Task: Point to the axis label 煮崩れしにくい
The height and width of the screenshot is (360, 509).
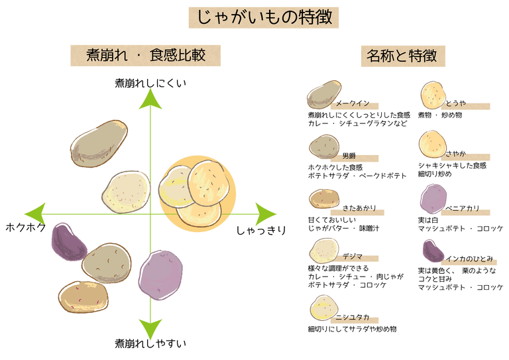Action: coord(150,83)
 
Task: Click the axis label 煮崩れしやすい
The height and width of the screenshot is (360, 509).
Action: coord(150,343)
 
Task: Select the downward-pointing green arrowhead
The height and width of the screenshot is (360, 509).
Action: coord(151,327)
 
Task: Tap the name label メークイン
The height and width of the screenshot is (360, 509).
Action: coord(352,105)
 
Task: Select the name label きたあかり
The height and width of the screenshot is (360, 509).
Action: coord(355,208)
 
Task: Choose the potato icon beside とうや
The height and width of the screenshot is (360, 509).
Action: coord(435,95)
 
